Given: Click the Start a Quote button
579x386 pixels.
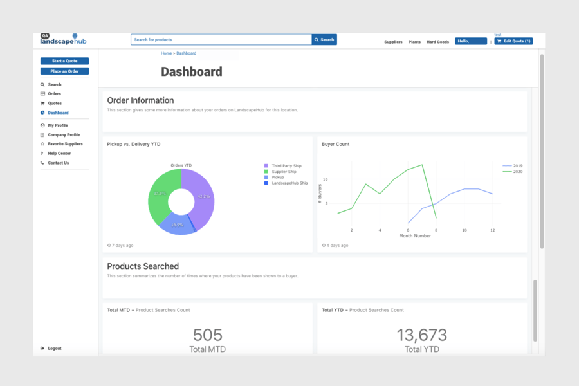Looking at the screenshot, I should pos(64,61).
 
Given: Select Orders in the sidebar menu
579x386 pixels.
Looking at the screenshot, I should pos(54,94).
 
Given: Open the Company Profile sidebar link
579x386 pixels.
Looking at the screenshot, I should pos(64,135).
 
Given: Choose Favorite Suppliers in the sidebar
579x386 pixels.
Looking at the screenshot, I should pos(65,144).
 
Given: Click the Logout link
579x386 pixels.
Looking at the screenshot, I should pos(55,349).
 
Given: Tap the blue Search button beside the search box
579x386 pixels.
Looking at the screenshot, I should pos(324,40).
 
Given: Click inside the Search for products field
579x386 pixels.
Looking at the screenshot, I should pos(221,40).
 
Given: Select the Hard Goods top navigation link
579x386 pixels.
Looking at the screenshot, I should pos(437,42).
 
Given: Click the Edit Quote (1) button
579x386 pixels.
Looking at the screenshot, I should pos(513,41).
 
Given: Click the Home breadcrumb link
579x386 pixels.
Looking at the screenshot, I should pos(166,53).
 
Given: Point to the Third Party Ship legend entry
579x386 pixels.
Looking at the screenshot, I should pos(286,166).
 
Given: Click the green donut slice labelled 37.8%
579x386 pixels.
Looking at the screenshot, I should pos(159,193).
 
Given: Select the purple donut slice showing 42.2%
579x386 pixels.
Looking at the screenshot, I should pos(204,196).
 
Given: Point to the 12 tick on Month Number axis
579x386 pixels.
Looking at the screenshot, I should pos(492,230).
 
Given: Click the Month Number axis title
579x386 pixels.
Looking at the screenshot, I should pos(415,236).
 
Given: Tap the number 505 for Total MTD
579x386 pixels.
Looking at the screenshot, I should pos(207,335).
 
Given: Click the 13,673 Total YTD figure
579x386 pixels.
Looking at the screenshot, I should pos(421,335).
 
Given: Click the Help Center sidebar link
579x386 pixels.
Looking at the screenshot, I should pos(59,154).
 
